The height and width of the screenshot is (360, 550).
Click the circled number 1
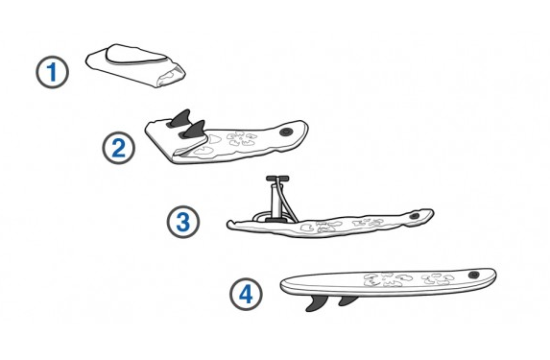click(52, 72)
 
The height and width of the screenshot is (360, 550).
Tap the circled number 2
click(119, 148)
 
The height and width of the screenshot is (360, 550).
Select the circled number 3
click(183, 222)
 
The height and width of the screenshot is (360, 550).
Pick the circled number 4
click(246, 294)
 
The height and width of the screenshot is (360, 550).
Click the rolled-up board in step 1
click(135, 65)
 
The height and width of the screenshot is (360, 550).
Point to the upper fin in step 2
click(179, 118)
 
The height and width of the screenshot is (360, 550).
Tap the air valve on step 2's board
click(286, 132)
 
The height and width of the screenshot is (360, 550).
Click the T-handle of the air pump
click(277, 179)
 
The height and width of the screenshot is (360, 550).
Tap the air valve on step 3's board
click(415, 215)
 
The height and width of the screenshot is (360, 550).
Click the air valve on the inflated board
click(474, 275)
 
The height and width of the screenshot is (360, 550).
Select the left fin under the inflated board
click(317, 302)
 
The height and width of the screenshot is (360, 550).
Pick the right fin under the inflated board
click(348, 300)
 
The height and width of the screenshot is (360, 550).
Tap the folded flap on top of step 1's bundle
click(136, 55)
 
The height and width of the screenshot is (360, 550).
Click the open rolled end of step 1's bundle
click(172, 76)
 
